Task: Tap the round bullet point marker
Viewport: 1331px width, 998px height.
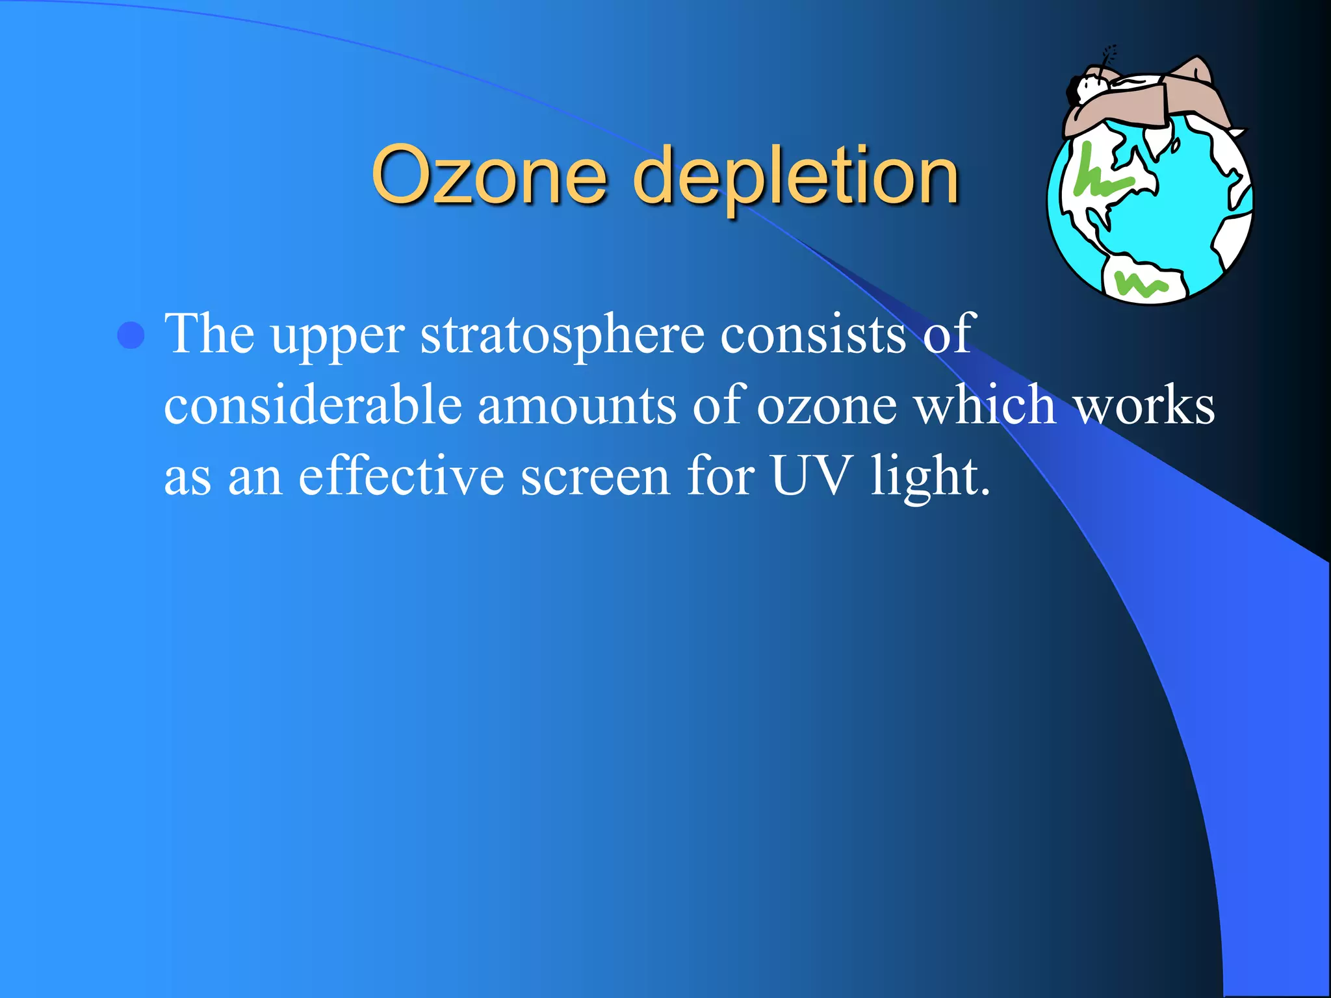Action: (x=131, y=335)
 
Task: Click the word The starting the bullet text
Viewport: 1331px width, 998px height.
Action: (x=209, y=334)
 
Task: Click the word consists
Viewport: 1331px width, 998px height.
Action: (x=814, y=334)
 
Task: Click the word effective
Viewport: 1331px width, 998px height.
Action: (x=401, y=476)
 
